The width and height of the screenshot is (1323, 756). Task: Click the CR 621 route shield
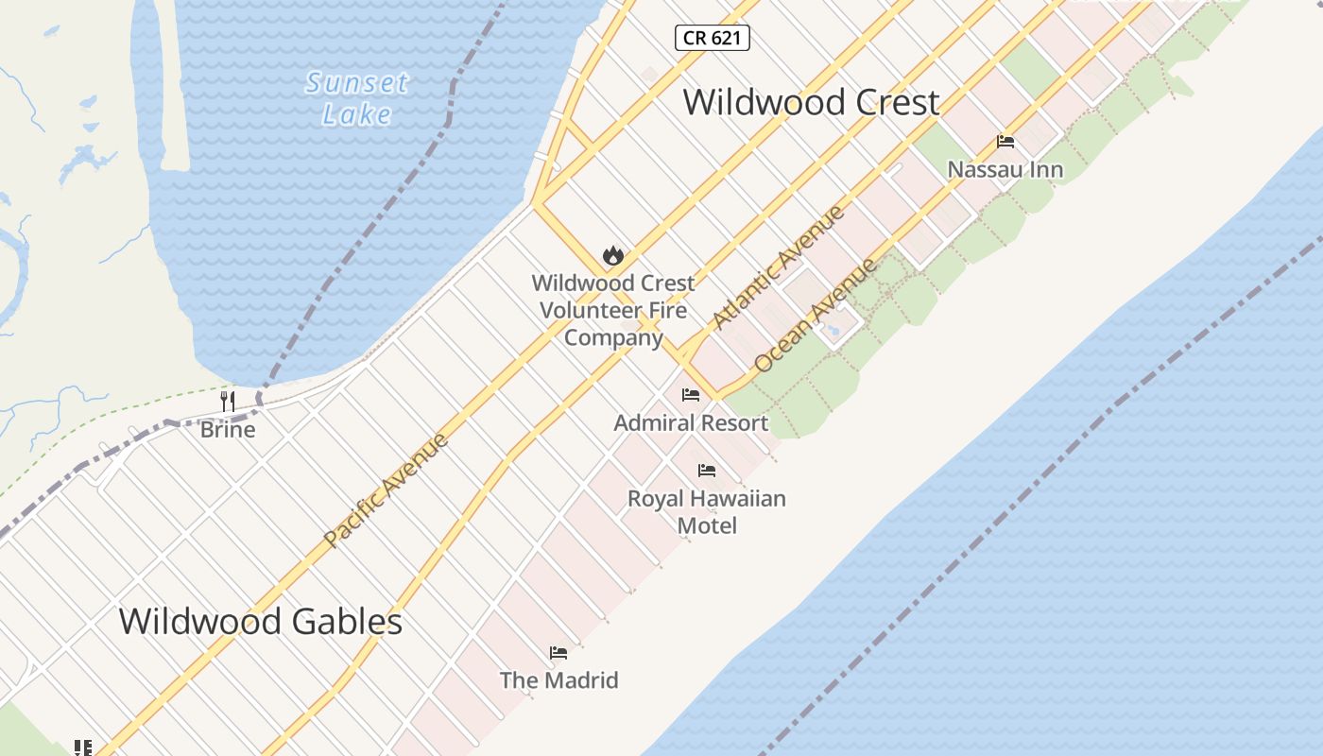pos(713,38)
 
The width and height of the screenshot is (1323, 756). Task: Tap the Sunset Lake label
pos(357,98)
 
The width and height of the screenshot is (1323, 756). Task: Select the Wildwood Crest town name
pos(811,102)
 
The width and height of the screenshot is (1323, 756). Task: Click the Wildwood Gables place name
pos(261,622)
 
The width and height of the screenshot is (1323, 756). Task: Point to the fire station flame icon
pos(612,255)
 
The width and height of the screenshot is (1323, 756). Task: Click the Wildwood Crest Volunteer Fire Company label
pos(612,310)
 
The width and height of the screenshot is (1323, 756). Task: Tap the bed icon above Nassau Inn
pos(1005,143)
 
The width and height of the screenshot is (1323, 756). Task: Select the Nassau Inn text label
pos(1005,170)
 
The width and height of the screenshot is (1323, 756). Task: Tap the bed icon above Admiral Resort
pos(691,395)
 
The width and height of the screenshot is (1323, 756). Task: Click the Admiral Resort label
pos(691,423)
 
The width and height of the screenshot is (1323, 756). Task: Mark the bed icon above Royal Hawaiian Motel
pos(707,471)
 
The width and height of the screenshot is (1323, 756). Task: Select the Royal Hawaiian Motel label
pos(707,511)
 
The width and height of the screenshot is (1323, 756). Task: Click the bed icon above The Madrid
pos(558,653)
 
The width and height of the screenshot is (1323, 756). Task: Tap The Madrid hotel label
pos(558,680)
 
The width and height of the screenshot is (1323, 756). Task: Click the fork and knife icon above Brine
pos(228,402)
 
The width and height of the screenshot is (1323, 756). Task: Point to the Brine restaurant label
pos(228,430)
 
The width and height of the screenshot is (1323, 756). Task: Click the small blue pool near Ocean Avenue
pos(833,331)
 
